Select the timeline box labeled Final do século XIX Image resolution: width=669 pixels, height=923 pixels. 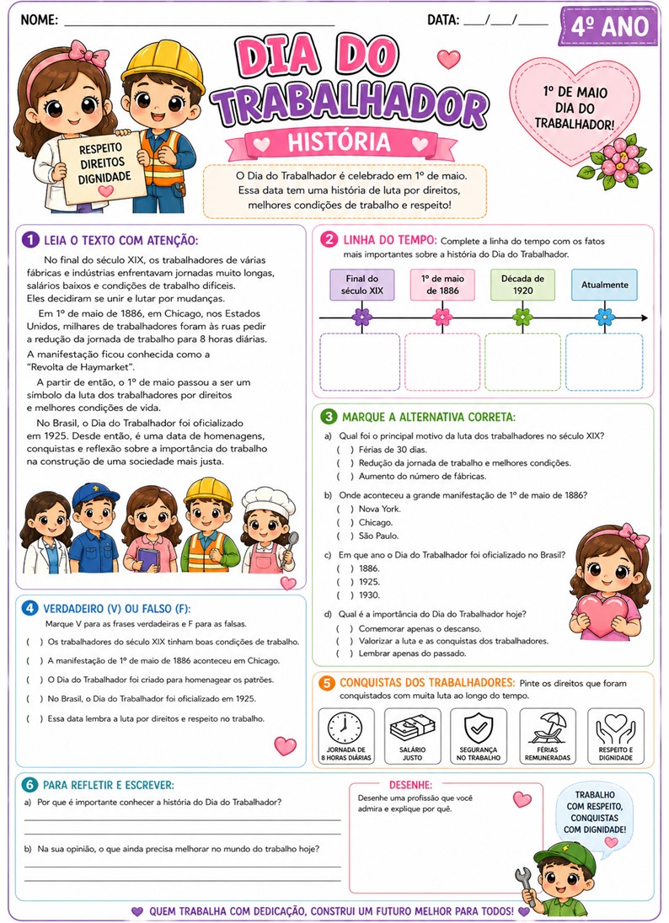(x=362, y=285)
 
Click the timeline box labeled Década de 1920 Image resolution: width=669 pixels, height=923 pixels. (x=522, y=285)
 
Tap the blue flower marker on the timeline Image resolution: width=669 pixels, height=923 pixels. (x=604, y=317)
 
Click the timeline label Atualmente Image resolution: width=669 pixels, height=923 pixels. (x=604, y=285)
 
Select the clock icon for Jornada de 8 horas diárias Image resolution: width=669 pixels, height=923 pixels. (x=345, y=727)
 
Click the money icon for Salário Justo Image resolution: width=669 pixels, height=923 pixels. (x=412, y=727)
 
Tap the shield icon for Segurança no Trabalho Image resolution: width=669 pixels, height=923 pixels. (x=478, y=727)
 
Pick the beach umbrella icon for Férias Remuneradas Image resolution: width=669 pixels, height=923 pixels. (x=548, y=727)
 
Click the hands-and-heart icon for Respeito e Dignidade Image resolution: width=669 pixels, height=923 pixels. (x=615, y=727)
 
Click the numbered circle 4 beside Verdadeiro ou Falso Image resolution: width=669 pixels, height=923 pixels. (x=29, y=607)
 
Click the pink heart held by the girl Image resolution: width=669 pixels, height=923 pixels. (x=605, y=613)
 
